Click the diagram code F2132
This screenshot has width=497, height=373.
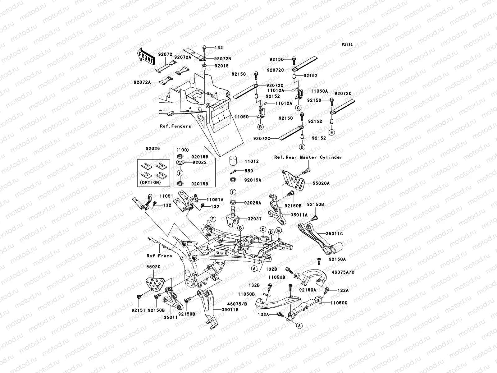pos(347,45)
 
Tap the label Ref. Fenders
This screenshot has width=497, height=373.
pos(175,126)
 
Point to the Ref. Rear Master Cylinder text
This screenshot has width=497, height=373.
pos(308,157)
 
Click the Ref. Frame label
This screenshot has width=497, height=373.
pos(159,256)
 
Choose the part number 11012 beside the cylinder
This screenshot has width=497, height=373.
pos(252,162)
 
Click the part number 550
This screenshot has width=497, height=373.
pos(249,171)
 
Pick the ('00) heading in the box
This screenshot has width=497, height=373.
pos(182,150)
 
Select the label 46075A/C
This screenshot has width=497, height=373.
pos(343,272)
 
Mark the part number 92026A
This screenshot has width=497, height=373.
pos(253,203)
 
